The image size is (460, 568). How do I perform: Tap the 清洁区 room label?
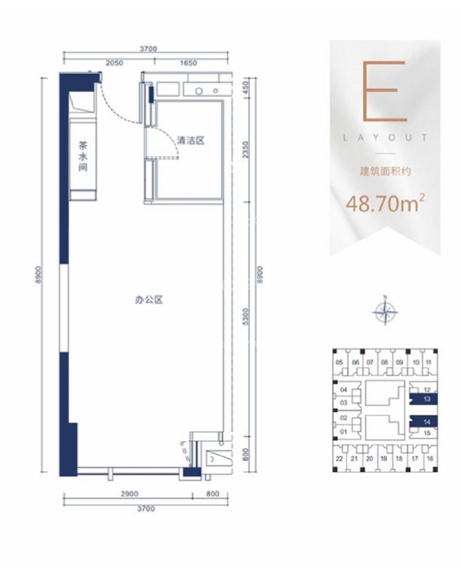(191, 141)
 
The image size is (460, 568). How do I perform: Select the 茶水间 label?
(83, 156)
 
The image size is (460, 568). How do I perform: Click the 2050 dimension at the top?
(114, 62)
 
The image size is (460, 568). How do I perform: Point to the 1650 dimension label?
(188, 62)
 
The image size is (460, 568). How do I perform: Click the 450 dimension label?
(245, 87)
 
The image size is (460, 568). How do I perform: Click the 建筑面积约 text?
(385, 172)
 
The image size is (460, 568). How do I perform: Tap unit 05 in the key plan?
(339, 363)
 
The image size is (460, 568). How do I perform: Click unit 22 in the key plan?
(339, 458)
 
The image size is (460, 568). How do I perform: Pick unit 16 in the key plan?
(430, 458)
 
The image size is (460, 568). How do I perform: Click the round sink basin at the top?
(199, 91)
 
